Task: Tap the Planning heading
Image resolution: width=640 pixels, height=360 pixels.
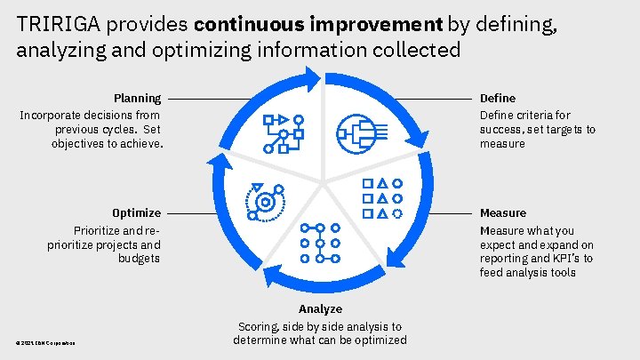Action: coord(137,98)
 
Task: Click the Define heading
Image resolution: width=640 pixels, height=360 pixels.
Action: coord(497,98)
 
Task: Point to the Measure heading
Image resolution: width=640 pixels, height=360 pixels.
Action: coord(502,213)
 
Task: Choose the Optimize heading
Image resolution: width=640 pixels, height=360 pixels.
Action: coord(136,213)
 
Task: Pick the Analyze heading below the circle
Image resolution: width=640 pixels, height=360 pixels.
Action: coord(320,309)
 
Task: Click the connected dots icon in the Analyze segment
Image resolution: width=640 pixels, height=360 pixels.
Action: coord(320,241)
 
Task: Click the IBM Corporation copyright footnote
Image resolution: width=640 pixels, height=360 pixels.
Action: coord(44,344)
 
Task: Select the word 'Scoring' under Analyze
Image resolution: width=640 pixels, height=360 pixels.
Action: coord(259,326)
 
